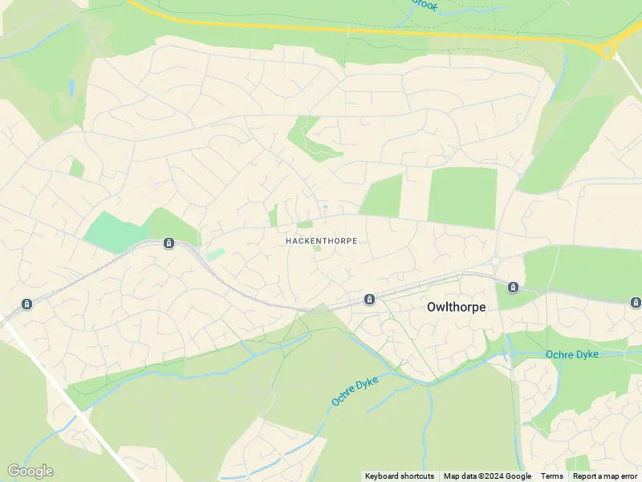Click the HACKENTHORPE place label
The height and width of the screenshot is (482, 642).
click(321, 240)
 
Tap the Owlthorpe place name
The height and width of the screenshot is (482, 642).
click(456, 306)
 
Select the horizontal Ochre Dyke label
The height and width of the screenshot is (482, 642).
click(575, 354)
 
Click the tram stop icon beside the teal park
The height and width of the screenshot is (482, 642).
click(169, 243)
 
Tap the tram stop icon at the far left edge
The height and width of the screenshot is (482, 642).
click(26, 304)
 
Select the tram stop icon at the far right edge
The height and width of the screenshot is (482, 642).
click(636, 302)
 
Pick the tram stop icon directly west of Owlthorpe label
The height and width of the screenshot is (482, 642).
click(369, 300)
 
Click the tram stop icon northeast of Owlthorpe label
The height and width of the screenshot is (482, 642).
click(513, 287)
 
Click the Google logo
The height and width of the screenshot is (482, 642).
click(30, 471)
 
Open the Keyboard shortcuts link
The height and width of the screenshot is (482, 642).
click(400, 476)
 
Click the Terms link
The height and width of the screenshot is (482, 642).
click(552, 476)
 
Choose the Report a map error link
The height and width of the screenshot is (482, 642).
click(605, 476)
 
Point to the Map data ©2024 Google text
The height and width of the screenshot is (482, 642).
click(487, 476)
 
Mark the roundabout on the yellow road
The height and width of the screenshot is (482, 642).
click(608, 50)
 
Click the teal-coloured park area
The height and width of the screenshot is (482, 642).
click(116, 232)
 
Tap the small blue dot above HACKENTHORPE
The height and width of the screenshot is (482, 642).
click(325, 207)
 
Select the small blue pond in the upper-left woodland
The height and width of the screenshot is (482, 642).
click(71, 86)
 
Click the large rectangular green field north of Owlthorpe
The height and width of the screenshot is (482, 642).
click(462, 197)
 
